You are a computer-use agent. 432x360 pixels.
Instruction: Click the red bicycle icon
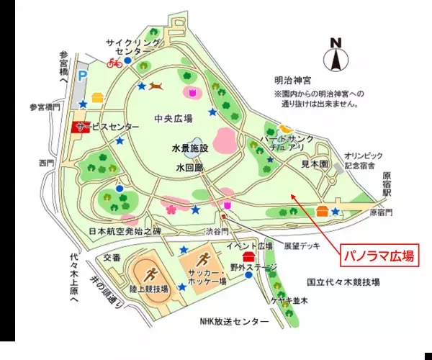pos(114,63)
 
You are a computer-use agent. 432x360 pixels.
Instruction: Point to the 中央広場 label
pos(174,119)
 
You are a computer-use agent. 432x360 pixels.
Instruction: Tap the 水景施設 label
pos(189,148)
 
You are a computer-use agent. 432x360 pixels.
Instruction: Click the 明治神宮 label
pos(293,81)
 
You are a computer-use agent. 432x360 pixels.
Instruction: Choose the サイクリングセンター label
pos(133,48)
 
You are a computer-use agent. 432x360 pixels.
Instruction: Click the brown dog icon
pos(156,86)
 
